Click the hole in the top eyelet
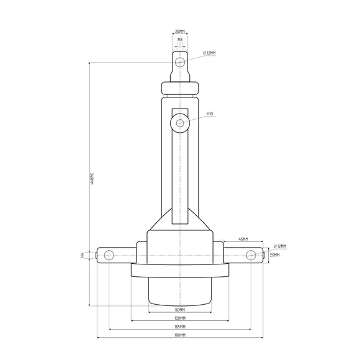click(x=180, y=62)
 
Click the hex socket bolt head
click(x=180, y=122)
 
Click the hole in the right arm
click(x=251, y=254)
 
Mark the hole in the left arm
click(x=109, y=254)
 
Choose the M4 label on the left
click(x=83, y=254)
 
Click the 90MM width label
click(x=180, y=309)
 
